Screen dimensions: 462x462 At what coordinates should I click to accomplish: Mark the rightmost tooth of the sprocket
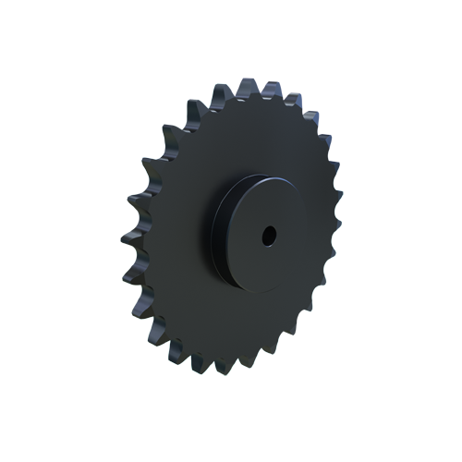click(334, 222)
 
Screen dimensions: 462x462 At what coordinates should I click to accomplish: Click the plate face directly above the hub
click(249, 139)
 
